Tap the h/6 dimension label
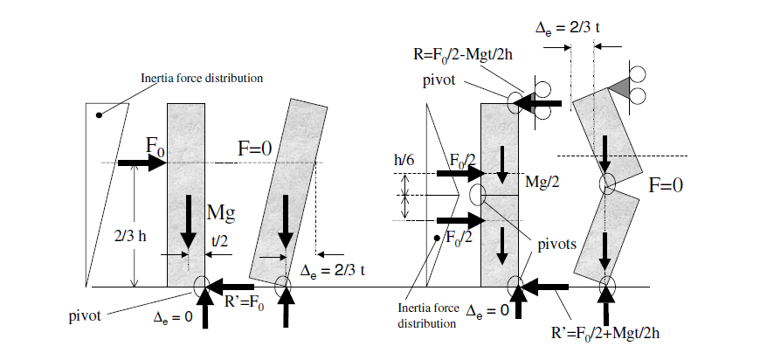coord(404,161)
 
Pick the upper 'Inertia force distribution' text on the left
coord(203,79)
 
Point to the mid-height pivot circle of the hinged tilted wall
coord(606,184)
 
